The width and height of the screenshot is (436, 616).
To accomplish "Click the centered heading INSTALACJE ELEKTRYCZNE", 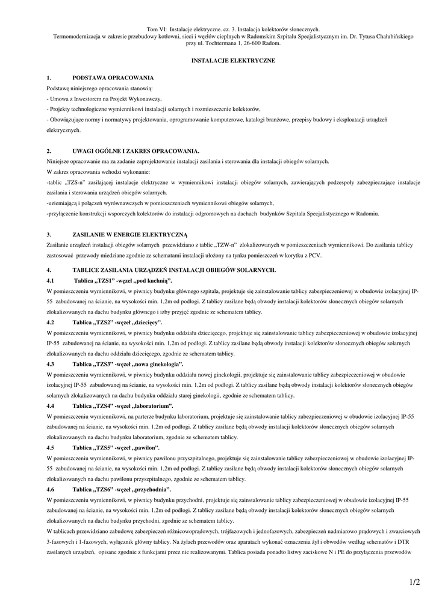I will tap(233, 61).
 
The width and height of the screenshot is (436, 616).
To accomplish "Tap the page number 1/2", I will tap(413, 582).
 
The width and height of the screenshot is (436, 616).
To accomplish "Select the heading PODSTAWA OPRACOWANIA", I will tap(113, 78).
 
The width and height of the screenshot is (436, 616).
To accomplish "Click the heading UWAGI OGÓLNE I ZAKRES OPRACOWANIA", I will tap(135, 150).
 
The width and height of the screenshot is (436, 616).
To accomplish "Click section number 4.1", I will tap(51, 281).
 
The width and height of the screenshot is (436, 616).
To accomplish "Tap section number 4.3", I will tap(51, 365).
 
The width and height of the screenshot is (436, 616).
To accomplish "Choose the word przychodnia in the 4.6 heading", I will tap(152, 490).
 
